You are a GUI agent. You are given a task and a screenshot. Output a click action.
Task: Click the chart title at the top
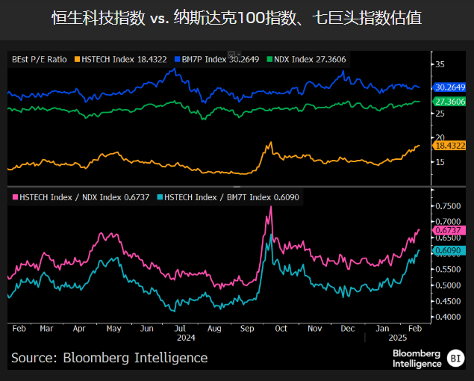[x=237, y=17]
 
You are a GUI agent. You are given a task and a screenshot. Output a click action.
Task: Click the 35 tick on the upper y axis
[x=440, y=64]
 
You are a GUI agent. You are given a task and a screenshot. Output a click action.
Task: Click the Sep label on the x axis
[x=247, y=328]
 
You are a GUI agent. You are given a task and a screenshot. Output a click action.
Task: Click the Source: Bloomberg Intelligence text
[x=110, y=358]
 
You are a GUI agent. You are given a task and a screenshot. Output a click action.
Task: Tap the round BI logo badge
[x=455, y=359]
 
